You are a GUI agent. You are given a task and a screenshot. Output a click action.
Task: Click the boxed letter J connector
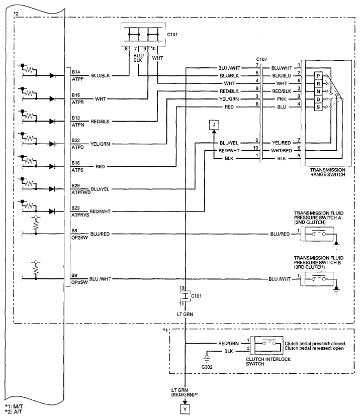click(214, 125)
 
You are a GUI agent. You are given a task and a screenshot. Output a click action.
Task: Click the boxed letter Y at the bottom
click(185, 409)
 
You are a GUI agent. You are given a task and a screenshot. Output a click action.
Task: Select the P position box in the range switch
click(318, 76)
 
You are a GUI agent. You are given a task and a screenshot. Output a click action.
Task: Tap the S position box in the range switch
click(318, 107)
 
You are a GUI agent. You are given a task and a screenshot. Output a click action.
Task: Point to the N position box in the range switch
click(318, 91)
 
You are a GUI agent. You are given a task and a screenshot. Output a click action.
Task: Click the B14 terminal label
click(76, 72)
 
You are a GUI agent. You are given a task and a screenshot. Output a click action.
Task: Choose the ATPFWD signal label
click(81, 192)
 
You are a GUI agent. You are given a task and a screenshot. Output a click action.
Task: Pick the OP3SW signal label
click(79, 282)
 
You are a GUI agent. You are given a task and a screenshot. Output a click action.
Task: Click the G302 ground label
click(207, 367)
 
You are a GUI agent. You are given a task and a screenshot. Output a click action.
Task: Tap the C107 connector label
click(261, 59)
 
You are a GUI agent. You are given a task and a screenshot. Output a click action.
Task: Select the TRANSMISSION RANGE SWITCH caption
click(328, 172)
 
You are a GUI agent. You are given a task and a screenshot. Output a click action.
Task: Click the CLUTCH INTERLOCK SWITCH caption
click(268, 361)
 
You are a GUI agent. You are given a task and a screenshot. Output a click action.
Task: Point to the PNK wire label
click(282, 99)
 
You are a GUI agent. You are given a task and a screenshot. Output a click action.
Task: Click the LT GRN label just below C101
click(185, 315)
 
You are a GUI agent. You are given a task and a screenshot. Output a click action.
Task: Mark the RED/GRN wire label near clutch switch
click(228, 343)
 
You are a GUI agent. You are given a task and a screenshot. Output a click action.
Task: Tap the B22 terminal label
click(76, 140)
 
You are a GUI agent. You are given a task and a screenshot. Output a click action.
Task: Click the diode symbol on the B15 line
click(52, 99)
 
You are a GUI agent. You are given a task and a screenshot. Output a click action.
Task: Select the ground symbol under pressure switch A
click(336, 245)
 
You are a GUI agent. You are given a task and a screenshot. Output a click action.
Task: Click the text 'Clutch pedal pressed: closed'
click(315, 343)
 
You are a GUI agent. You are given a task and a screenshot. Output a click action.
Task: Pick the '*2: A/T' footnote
click(14, 412)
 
